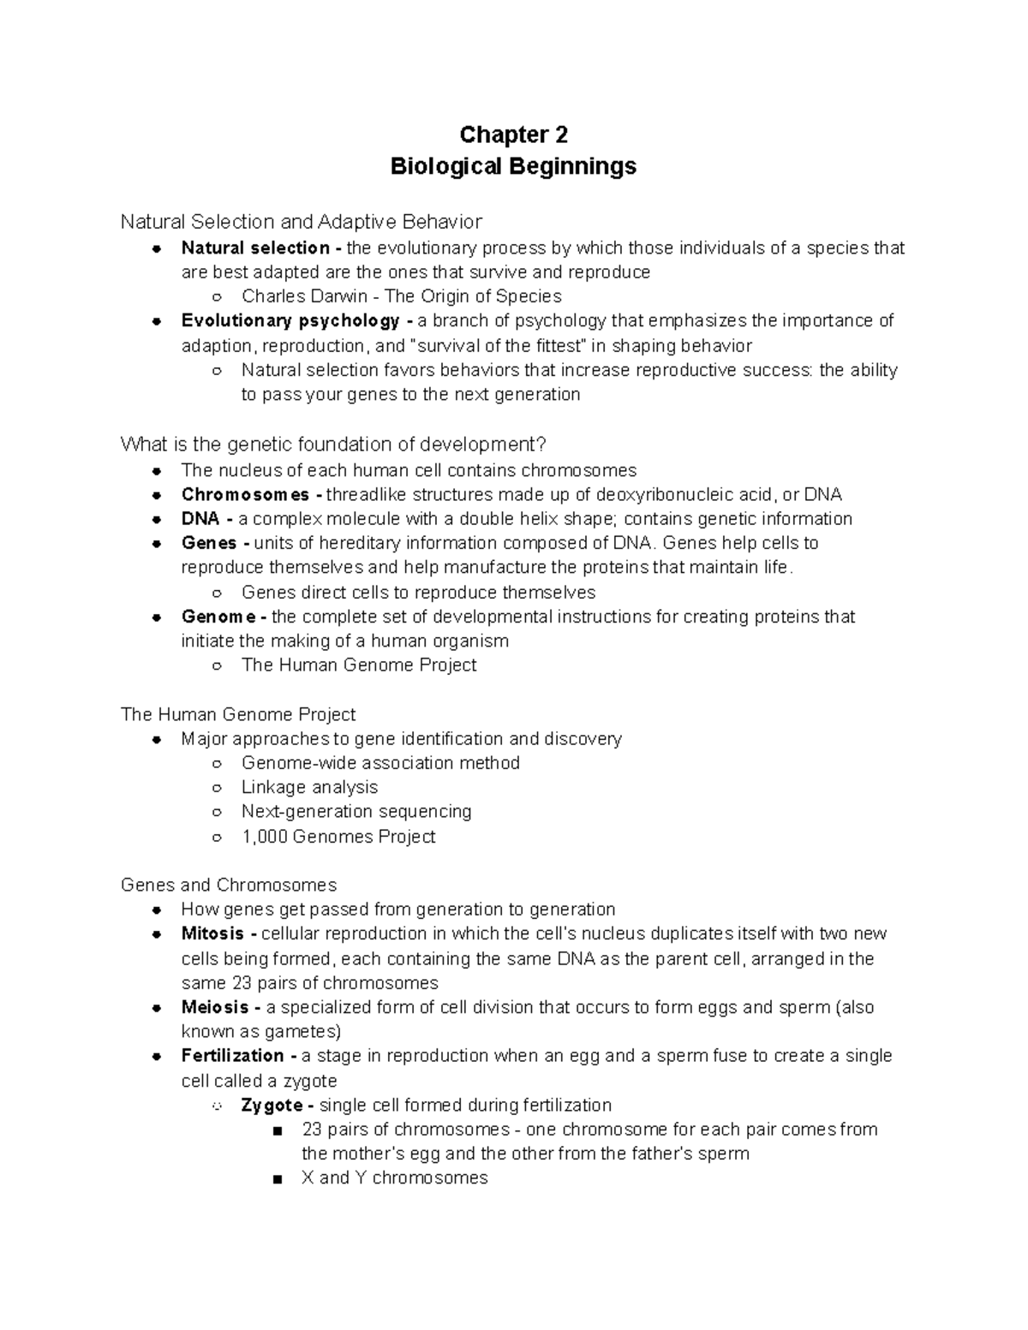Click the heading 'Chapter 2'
pos(513,135)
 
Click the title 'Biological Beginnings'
pos(513,165)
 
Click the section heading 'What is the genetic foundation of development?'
pos(332,444)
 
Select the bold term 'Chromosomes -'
pos(251,495)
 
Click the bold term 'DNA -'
pos(206,519)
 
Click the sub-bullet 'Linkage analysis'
pos(309,787)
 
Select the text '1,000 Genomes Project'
pos(338,837)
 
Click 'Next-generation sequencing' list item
pos(356,811)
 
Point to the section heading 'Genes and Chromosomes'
pos(229,885)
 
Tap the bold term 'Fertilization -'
pos(238,1056)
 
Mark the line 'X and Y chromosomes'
pos(394,1178)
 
